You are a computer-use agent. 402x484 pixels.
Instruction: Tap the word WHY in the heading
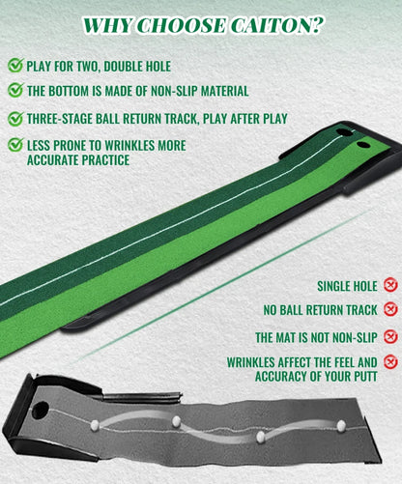coord(108,26)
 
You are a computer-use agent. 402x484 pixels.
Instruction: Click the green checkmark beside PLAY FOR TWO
coord(15,65)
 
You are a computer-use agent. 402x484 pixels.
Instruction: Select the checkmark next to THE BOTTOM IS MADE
coord(15,90)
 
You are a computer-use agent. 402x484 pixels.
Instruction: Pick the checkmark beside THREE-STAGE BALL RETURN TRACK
coord(15,118)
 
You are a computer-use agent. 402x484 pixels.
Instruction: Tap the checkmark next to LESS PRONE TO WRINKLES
coord(15,145)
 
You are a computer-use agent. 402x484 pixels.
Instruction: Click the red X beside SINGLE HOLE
coord(390,285)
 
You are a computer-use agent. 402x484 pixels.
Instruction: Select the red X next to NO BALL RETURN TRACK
coord(390,309)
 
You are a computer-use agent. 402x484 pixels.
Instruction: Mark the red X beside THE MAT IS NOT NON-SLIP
coord(390,336)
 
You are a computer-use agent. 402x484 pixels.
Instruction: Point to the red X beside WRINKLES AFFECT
coord(390,361)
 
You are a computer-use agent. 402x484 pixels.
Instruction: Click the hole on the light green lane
coord(363,145)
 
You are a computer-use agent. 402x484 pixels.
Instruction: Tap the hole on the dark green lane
coord(342,132)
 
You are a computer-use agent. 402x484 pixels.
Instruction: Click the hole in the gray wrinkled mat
coord(40,410)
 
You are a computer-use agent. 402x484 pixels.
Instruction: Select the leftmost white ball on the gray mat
coord(95,425)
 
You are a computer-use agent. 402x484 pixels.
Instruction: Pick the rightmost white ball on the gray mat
coord(341,426)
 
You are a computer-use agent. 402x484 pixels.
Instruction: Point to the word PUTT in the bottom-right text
coord(365,377)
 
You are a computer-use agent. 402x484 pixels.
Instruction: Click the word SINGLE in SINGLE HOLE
coord(333,286)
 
